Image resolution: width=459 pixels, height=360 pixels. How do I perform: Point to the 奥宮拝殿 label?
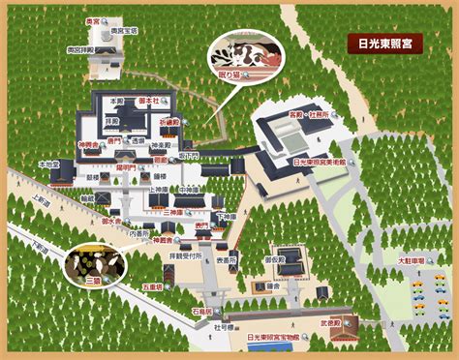coord(79,47)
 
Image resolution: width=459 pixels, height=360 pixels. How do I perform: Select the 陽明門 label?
coord(127,166)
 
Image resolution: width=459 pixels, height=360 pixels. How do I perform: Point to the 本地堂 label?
coord(49,165)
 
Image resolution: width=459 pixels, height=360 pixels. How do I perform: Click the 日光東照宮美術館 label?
coord(321,164)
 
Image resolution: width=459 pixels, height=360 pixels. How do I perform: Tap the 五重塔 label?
coord(152,286)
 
